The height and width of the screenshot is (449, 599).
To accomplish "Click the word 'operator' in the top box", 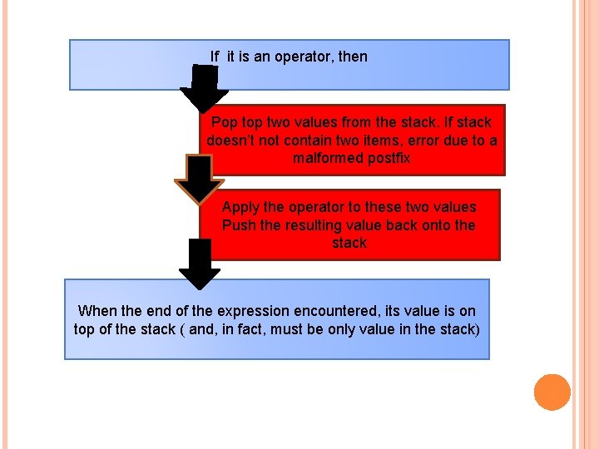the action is pos(306,57).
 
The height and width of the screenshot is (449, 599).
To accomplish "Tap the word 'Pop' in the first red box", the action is pos(225,122).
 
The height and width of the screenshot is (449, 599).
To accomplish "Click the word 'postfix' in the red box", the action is pos(388,158).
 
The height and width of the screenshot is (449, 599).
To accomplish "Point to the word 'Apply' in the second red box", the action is pos(240,207).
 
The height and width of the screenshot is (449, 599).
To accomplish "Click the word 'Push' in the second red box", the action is pos(239,225).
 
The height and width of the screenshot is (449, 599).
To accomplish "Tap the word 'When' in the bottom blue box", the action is pos(97,311).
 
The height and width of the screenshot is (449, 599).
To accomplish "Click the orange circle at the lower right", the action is pos(552,392).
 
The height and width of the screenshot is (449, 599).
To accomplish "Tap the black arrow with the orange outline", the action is pos(199,180).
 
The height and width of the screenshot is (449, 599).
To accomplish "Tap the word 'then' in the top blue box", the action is pos(353,57).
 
